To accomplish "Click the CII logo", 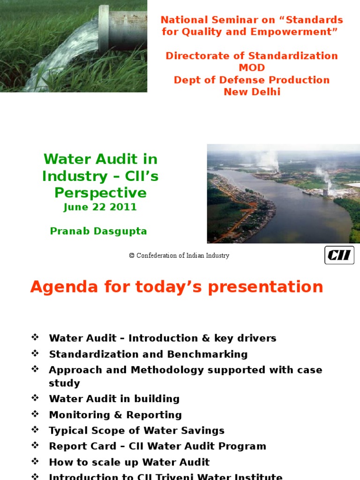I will coord(339,255).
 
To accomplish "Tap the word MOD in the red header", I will coord(252,68).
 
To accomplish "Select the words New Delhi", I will coord(252,92).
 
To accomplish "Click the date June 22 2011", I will coord(100,207).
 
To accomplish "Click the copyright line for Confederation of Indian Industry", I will coord(179,255).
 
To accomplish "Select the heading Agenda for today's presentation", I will coord(177,287).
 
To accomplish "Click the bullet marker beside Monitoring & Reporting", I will coord(35,414).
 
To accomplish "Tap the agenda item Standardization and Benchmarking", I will coord(148,354).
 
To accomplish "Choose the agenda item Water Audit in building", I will coord(114,399).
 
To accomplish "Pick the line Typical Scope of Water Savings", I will coord(136,430).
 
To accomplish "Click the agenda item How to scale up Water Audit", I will coord(129,462).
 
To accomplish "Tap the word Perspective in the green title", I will coord(100,193).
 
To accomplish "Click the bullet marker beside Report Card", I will coord(35,446).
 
